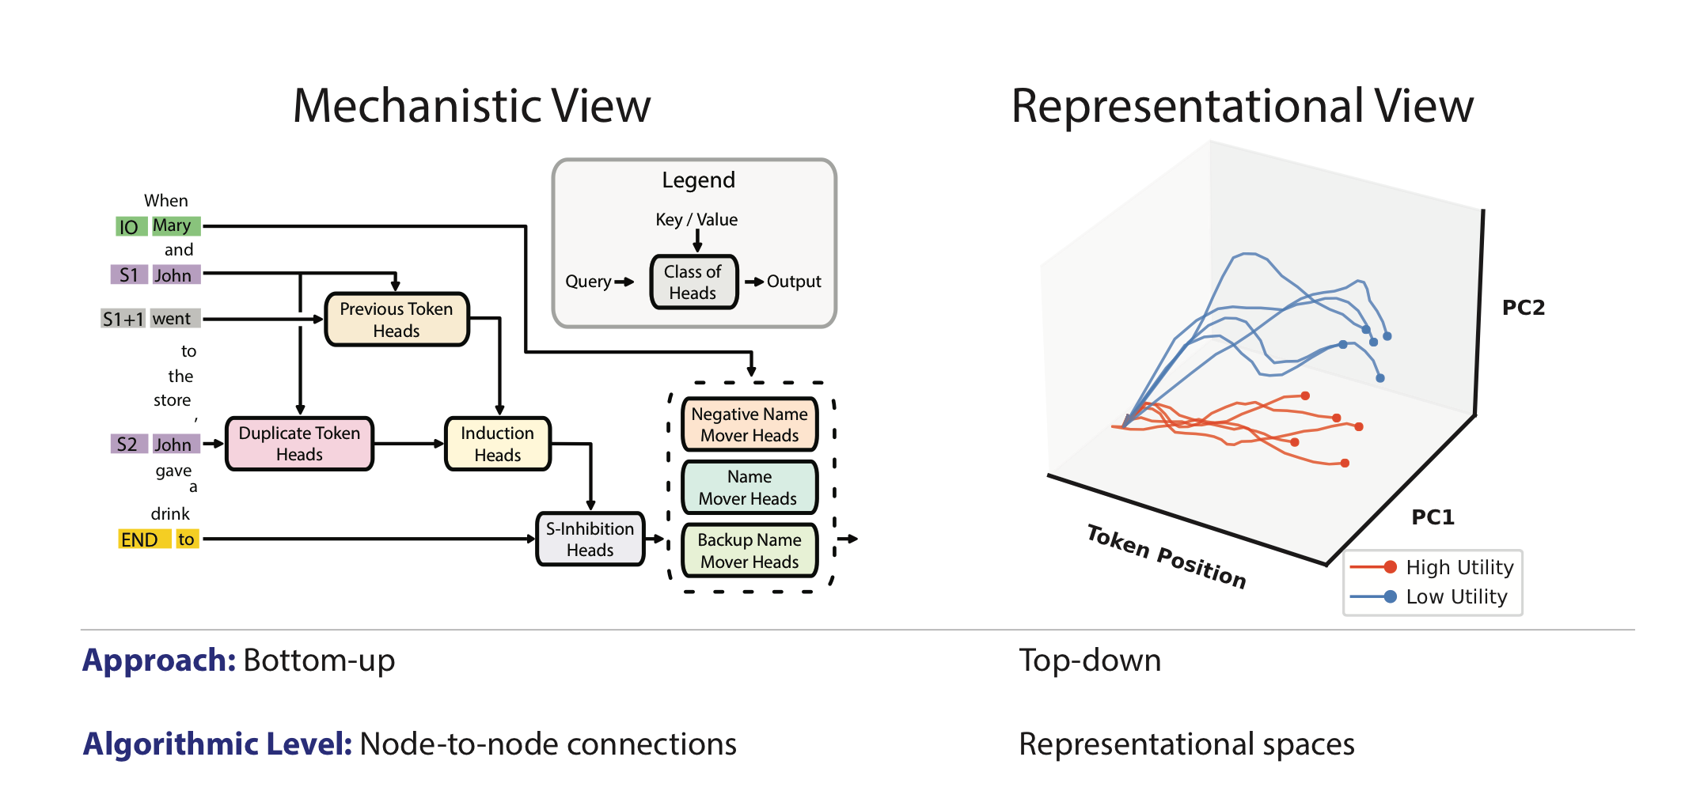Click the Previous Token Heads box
pos(397,320)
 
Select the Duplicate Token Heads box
pos(299,444)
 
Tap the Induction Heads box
pos(497,444)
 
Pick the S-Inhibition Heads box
pos(590,539)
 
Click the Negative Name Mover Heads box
pos(749,425)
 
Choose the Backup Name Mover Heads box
pos(749,551)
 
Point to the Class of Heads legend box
pos(693,282)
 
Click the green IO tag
pos(129,227)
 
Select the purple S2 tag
pos(127,444)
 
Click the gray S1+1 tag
pos(123,319)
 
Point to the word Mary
pos(173,226)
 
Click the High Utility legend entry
pos(1433,567)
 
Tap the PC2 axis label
pos(1523,308)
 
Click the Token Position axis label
pos(1166,556)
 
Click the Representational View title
pos(1242,106)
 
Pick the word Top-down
pos(1090,660)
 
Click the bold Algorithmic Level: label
pos(217,744)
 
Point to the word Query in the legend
pos(587,282)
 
